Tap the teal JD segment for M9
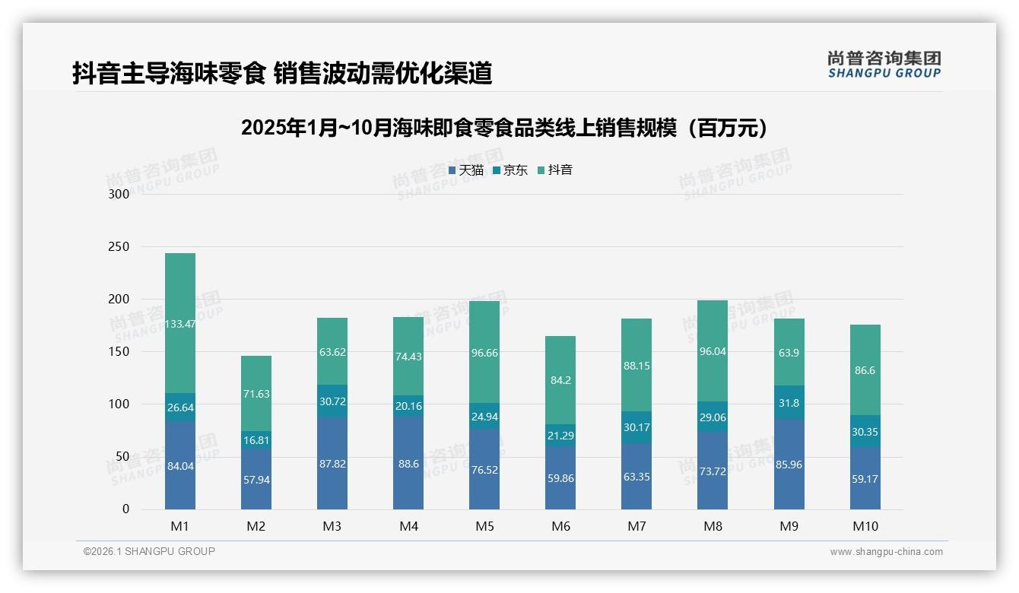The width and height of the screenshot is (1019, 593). (789, 402)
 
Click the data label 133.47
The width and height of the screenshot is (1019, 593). (180, 324)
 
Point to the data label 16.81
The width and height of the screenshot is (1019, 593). (256, 439)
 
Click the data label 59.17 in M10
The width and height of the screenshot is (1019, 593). (865, 479)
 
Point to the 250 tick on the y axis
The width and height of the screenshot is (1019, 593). (120, 247)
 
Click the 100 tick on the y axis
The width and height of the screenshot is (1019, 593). (120, 404)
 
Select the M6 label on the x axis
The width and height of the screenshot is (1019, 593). (560, 526)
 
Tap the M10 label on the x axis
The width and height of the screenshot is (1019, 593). (865, 526)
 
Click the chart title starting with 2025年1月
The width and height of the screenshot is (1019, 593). (508, 128)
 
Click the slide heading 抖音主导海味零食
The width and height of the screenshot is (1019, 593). (282, 73)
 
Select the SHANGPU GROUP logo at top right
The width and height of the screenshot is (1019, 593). (884, 65)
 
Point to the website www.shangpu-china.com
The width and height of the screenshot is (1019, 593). (886, 552)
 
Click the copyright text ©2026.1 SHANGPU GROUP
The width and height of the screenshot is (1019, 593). (149, 551)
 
